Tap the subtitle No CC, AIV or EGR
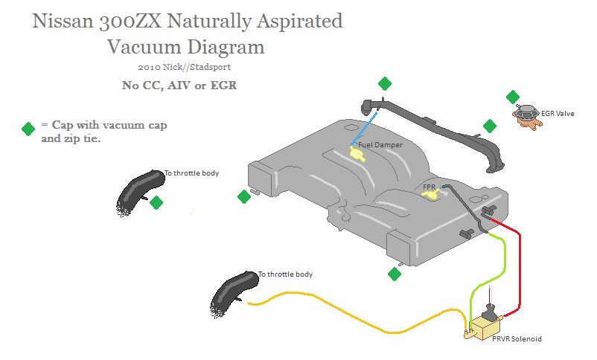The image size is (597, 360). tap(179, 84)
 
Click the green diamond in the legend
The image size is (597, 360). tap(28, 129)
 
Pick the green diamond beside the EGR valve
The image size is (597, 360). tap(513, 97)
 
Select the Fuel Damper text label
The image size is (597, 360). tap(380, 144)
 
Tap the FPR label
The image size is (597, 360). tap(429, 187)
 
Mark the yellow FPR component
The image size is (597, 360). tap(430, 195)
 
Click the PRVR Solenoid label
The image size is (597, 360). tap(516, 338)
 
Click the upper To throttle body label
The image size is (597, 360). tap(191, 173)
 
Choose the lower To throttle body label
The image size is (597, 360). tap(285, 274)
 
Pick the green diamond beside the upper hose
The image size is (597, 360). tap(156, 202)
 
